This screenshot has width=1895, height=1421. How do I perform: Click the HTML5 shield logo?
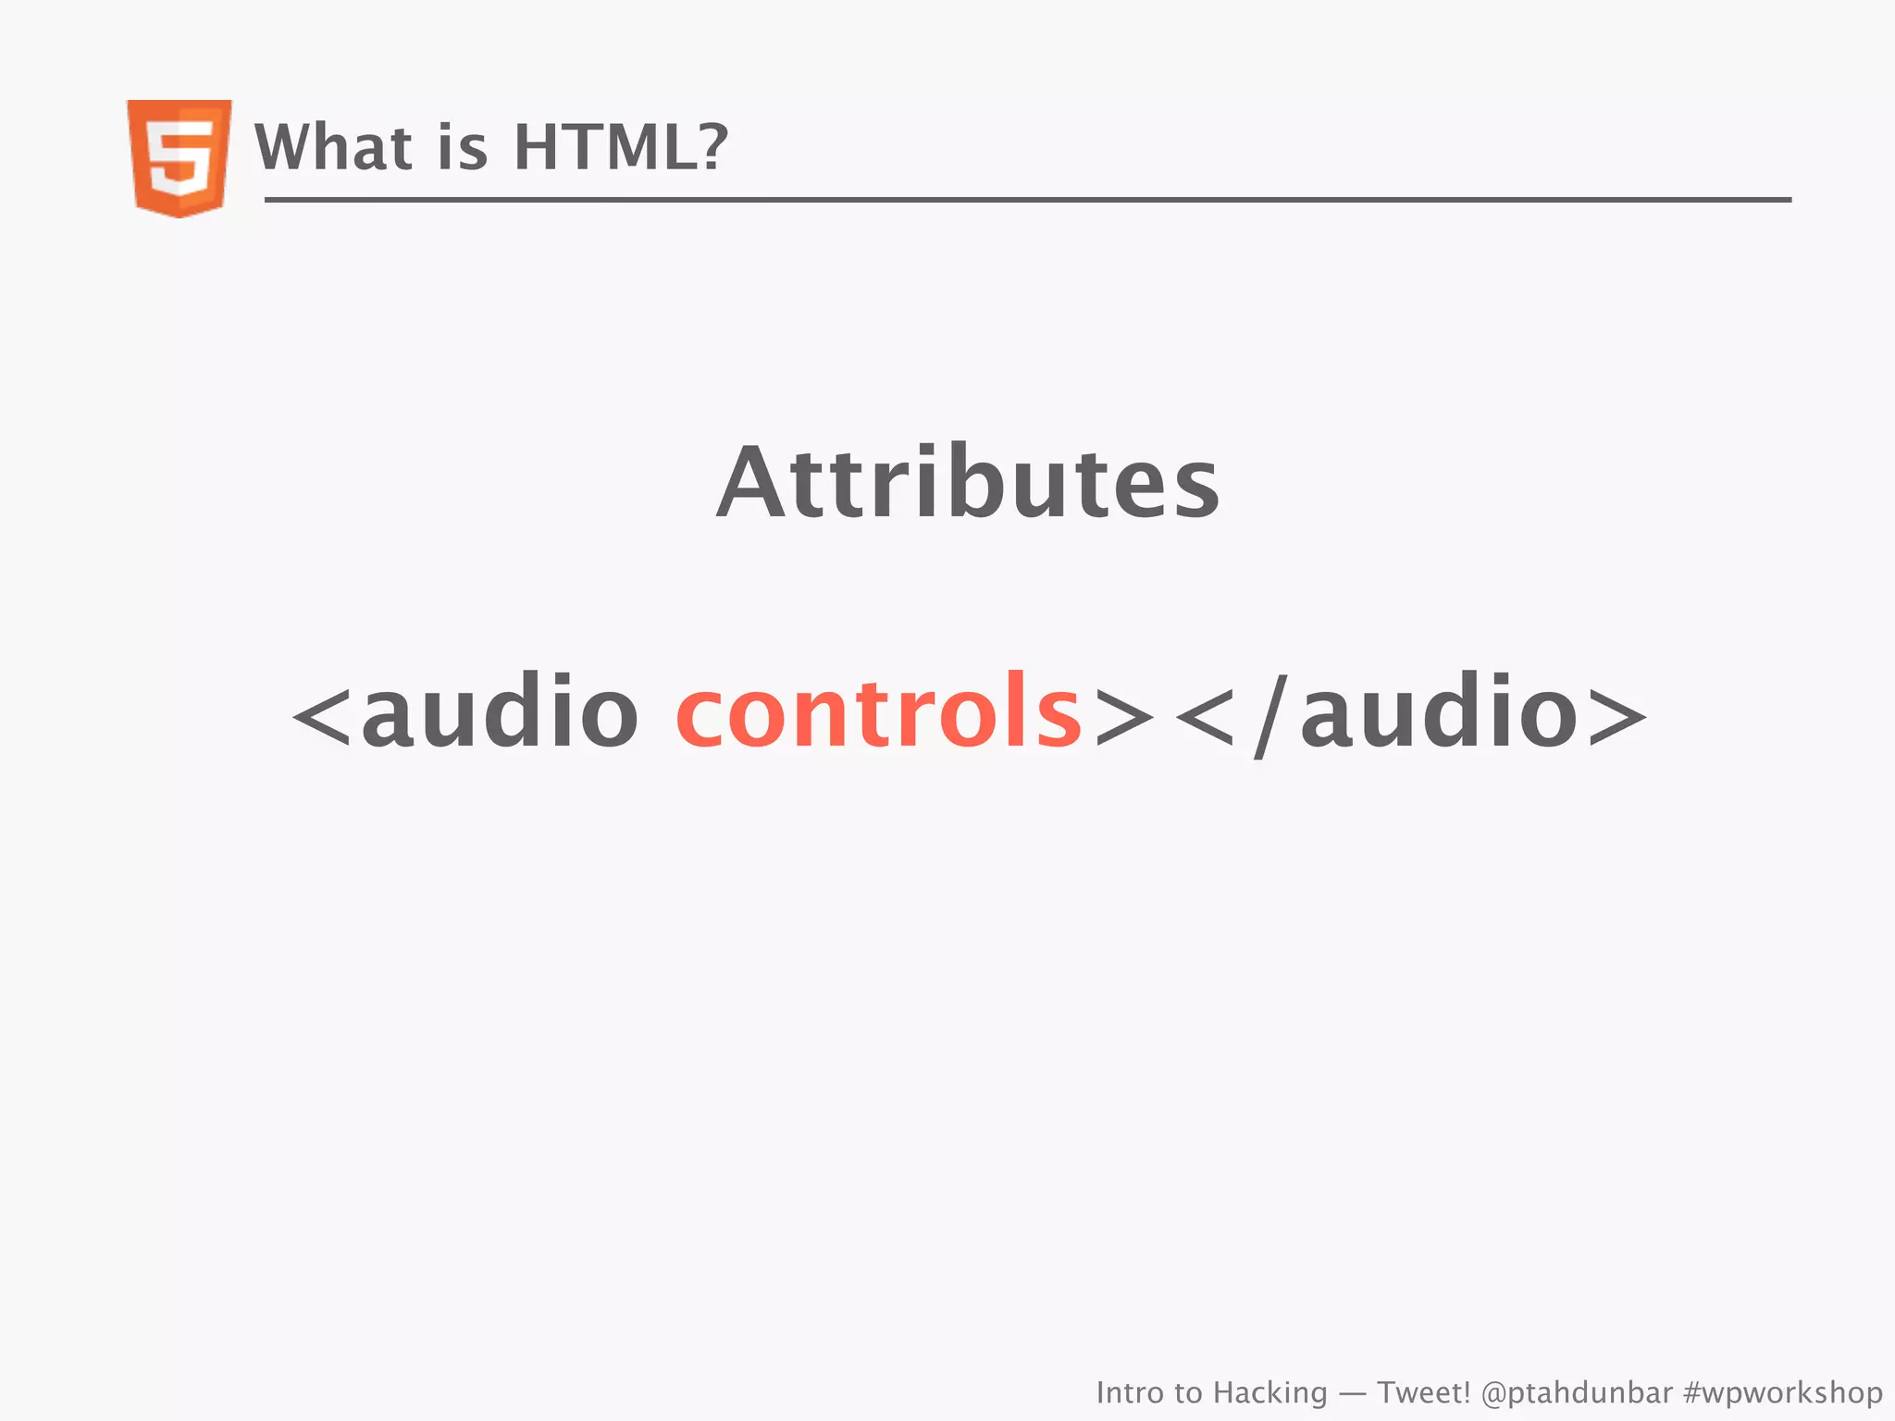click(x=180, y=157)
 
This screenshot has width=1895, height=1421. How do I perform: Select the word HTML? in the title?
click(x=621, y=147)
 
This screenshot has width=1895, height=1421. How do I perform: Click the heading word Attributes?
click(x=968, y=483)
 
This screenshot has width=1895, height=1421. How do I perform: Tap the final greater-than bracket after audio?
click(x=1617, y=718)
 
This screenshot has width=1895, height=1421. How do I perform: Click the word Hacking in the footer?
click(x=1270, y=1393)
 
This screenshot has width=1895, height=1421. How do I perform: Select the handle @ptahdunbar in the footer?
click(x=1577, y=1393)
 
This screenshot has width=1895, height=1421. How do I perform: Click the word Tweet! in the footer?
click(x=1423, y=1392)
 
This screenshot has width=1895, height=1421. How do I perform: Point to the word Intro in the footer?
click(x=1130, y=1392)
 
